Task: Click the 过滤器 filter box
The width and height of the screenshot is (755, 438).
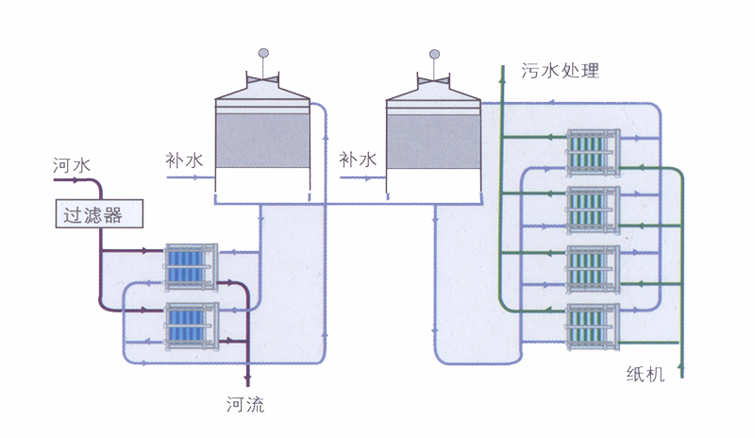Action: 98,214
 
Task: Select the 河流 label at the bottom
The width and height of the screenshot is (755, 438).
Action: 245,406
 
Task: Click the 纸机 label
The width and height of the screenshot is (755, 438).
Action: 646,374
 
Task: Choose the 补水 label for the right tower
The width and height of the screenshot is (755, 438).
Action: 358,160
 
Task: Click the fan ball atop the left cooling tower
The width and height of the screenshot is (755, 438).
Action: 262,54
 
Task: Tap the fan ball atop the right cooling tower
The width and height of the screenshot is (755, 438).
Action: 435,54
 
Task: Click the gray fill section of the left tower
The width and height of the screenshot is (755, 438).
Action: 262,141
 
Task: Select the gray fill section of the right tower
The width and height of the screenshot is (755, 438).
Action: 435,141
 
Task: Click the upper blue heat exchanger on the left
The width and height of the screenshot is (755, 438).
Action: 192,266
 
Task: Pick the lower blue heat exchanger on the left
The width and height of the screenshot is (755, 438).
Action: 192,324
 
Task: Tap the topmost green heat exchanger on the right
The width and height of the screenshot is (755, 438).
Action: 593,153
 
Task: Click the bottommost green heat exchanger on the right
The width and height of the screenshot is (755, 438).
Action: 593,327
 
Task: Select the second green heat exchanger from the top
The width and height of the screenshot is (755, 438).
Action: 593,210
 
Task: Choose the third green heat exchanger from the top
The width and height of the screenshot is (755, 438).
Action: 593,268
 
